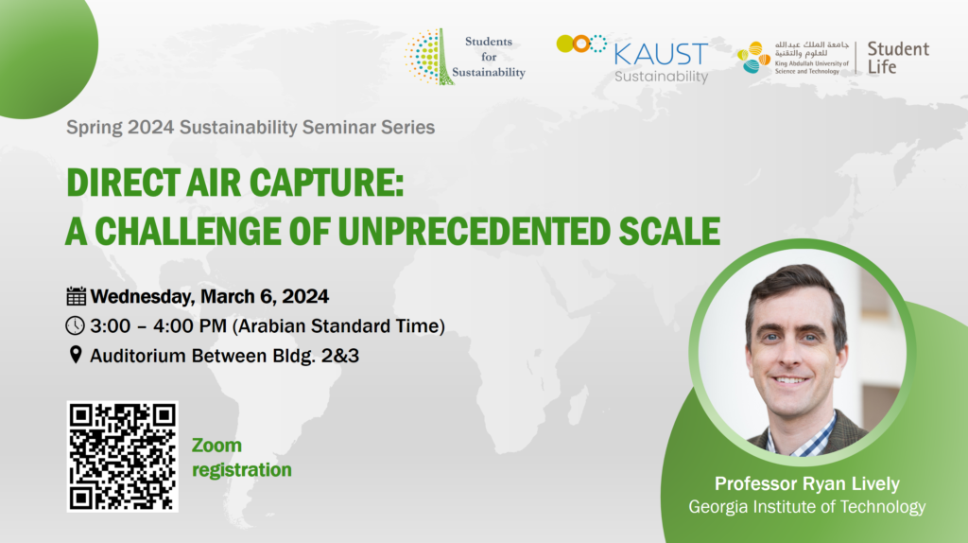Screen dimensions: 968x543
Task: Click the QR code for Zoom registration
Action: click(122, 457)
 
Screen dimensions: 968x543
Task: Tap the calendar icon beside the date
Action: click(76, 296)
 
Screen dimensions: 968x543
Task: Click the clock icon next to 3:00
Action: click(76, 325)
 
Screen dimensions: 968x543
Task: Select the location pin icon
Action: click(76, 355)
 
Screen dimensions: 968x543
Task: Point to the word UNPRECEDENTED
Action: click(474, 232)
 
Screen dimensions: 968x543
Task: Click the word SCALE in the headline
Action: click(669, 232)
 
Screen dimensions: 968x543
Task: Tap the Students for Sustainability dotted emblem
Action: click(428, 57)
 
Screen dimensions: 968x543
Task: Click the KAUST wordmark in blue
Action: click(661, 54)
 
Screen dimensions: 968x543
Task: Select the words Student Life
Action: click(898, 58)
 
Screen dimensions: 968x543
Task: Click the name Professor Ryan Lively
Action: click(807, 483)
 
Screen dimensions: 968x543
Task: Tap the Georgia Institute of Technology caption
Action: click(807, 506)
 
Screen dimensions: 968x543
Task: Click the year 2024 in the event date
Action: click(305, 296)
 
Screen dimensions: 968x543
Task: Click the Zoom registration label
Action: click(241, 457)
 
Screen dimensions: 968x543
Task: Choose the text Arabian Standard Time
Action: click(338, 326)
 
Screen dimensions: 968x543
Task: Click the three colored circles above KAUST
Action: click(581, 44)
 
